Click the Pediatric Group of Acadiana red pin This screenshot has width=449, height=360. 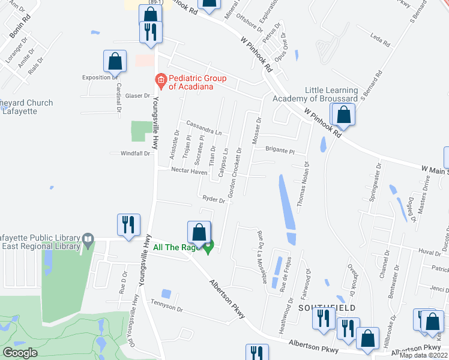[x=160, y=79]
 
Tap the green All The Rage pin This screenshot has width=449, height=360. [x=209, y=247]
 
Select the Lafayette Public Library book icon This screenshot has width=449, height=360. [x=88, y=241]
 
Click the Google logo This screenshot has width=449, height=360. [x=20, y=353]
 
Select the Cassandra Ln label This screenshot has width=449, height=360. [x=204, y=128]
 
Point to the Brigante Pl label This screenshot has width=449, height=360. [x=280, y=151]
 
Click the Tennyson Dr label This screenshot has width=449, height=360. [x=167, y=308]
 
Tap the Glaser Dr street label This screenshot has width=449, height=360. [x=137, y=96]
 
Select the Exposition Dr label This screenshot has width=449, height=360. [x=100, y=77]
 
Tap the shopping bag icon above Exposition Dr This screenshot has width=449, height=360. [x=114, y=61]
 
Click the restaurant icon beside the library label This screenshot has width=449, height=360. [x=130, y=226]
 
